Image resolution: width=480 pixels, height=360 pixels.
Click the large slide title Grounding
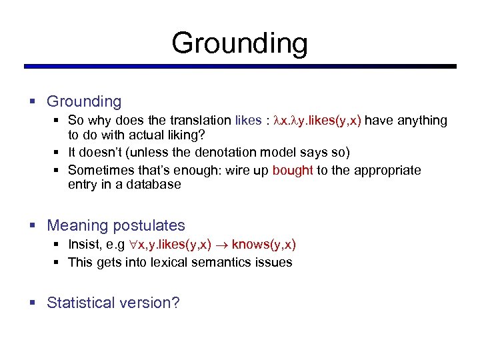pos(239,43)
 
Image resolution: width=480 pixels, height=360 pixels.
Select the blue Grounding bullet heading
pos(84,101)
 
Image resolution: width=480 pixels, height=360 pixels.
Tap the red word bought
pos(293,170)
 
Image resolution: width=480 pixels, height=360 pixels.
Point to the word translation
pos(199,120)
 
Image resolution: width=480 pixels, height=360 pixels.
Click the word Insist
pos(85,245)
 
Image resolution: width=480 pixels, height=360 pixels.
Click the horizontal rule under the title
pos(240,67)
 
